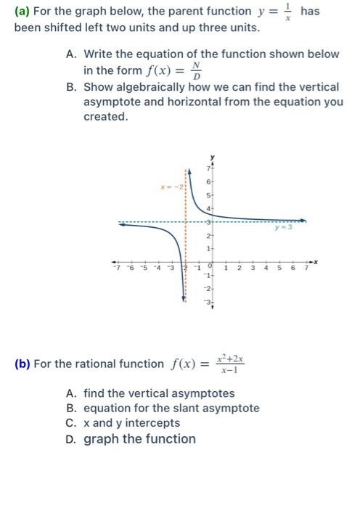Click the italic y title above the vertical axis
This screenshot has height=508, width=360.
(213, 156)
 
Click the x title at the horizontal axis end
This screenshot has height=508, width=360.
(317, 259)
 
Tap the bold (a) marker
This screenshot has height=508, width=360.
(24, 12)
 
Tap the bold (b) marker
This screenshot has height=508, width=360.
(24, 364)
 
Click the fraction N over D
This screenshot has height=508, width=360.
(194, 71)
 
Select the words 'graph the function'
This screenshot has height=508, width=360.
(139, 438)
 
